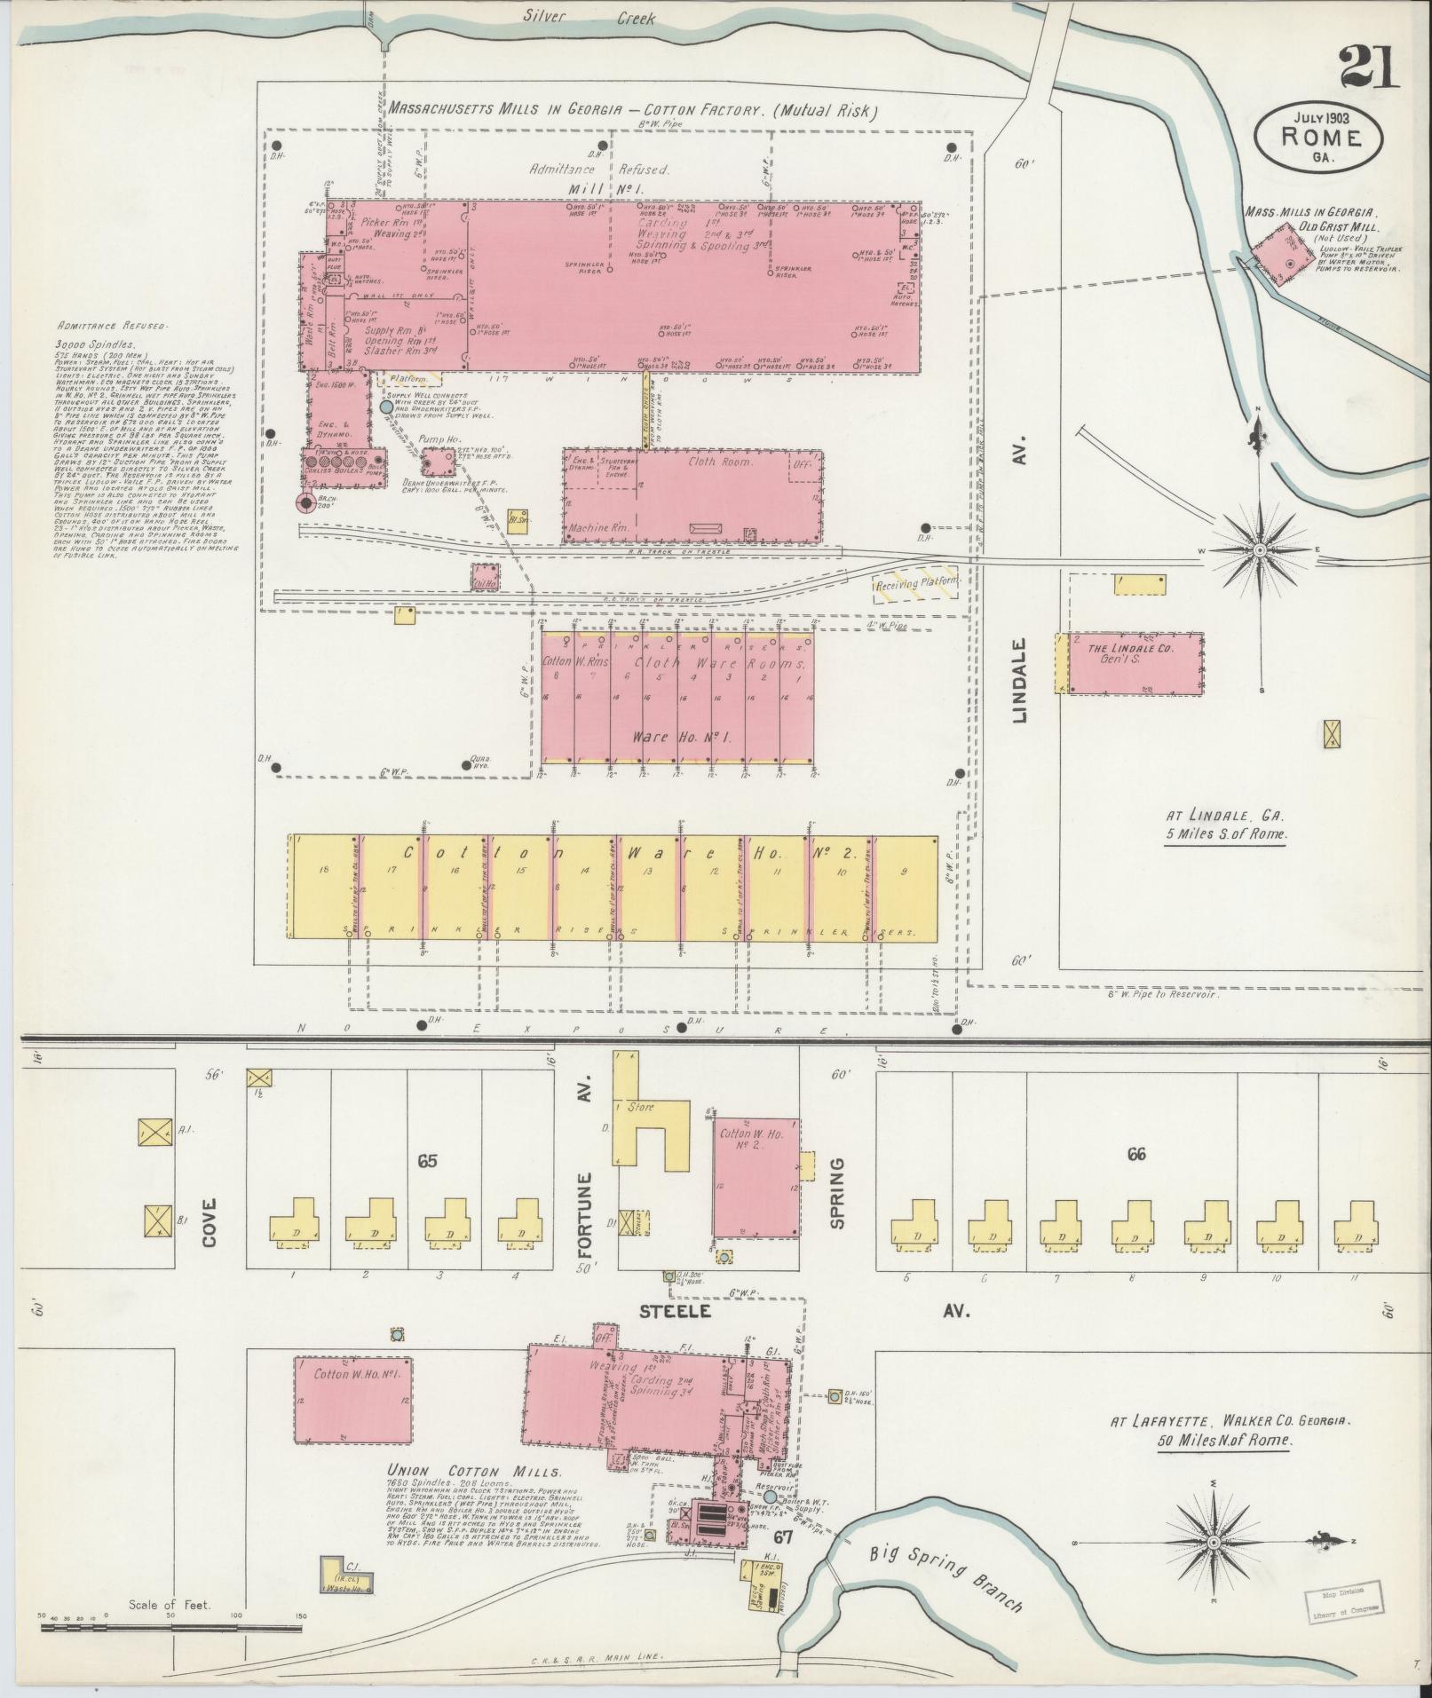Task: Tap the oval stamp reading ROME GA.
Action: [1318, 137]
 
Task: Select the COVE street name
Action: [210, 1223]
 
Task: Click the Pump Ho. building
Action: [438, 462]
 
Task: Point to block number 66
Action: [1135, 1154]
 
